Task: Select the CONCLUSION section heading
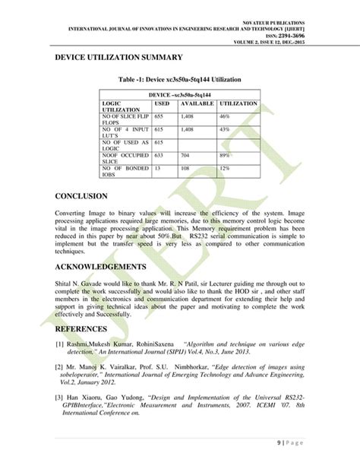click(86, 195)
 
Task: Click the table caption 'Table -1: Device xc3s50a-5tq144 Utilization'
click(180, 79)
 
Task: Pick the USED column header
click(162, 102)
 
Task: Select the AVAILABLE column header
click(197, 102)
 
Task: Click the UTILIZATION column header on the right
click(238, 102)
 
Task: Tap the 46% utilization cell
click(225, 117)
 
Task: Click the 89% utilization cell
click(225, 155)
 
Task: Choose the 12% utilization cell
click(225, 167)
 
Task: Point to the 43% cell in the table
click(225, 130)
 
